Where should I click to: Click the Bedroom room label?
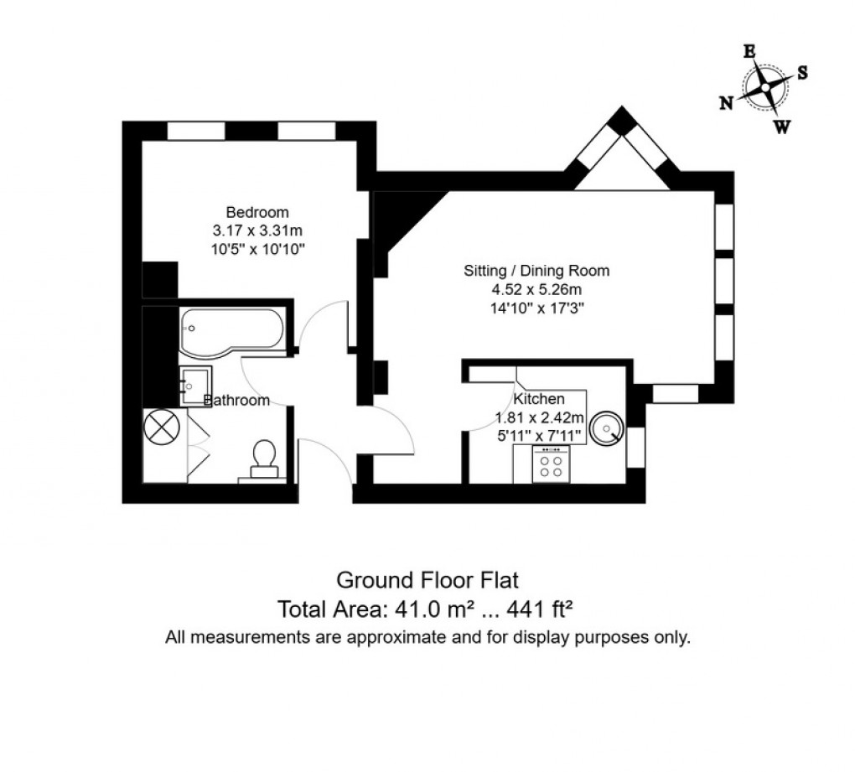(257, 211)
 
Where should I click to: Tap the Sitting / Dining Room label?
(536, 272)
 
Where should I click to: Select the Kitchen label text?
(539, 399)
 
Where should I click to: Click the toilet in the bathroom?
(264, 457)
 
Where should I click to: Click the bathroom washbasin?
(194, 386)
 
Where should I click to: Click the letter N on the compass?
(726, 102)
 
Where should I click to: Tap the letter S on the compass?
(802, 73)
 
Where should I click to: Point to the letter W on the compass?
(781, 127)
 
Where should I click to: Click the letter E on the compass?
(749, 52)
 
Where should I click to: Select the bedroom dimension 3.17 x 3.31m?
(257, 230)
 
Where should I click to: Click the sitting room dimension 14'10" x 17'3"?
(536, 308)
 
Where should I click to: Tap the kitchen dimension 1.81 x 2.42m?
(539, 417)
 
